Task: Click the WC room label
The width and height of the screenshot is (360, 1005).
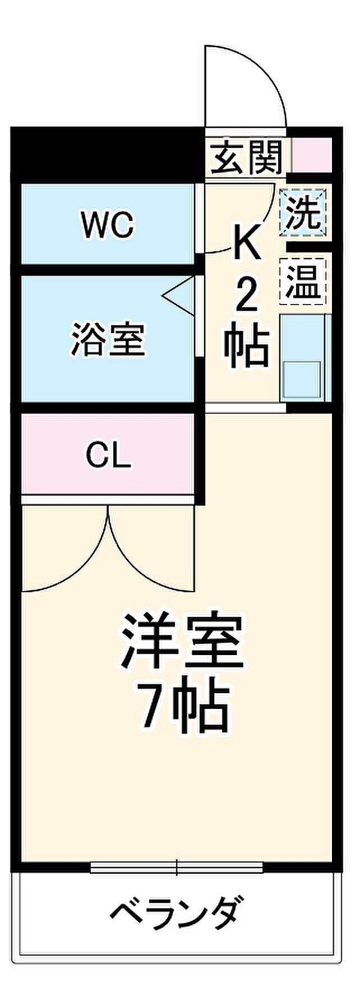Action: pos(108,225)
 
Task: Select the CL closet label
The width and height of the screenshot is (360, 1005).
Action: pos(108,457)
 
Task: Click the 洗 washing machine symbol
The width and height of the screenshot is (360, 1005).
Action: pos(303,213)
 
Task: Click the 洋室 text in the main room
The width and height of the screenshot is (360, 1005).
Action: pos(183,642)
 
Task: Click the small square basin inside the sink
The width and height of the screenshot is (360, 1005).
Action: pos(302,380)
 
